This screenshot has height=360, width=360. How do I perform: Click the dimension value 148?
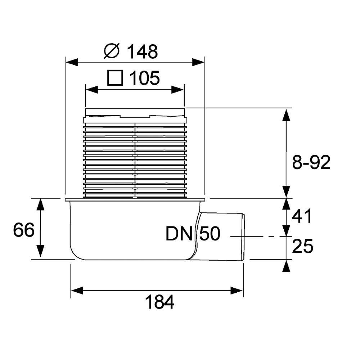(x=142, y=52)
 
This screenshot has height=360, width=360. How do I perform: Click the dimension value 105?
(x=144, y=78)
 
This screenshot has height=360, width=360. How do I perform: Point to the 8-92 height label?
(x=311, y=163)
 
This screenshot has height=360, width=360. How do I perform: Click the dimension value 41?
(x=302, y=217)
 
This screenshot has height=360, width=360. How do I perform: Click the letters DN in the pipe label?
(x=179, y=234)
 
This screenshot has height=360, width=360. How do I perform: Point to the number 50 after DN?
(x=209, y=234)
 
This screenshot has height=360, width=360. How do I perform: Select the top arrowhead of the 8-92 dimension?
(x=286, y=114)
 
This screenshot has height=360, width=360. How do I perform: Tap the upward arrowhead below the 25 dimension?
(x=286, y=266)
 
